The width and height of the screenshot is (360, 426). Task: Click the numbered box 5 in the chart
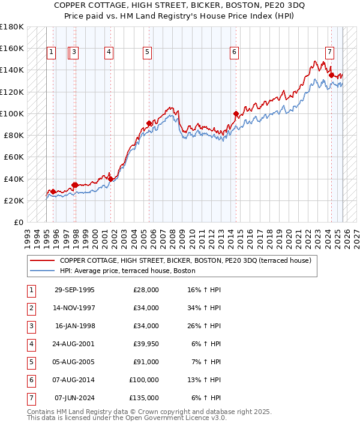(147, 53)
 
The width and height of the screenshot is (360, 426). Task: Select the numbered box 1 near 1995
(51, 53)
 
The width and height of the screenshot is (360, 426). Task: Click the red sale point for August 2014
(236, 113)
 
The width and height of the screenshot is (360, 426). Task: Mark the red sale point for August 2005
(149, 123)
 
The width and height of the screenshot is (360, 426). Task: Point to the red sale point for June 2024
(331, 75)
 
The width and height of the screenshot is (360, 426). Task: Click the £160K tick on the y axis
(12, 48)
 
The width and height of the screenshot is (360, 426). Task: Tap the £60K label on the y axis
(14, 157)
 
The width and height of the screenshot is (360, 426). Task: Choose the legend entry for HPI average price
(127, 271)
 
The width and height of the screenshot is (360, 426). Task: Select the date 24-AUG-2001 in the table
(74, 344)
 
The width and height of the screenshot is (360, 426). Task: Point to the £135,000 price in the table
(144, 398)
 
